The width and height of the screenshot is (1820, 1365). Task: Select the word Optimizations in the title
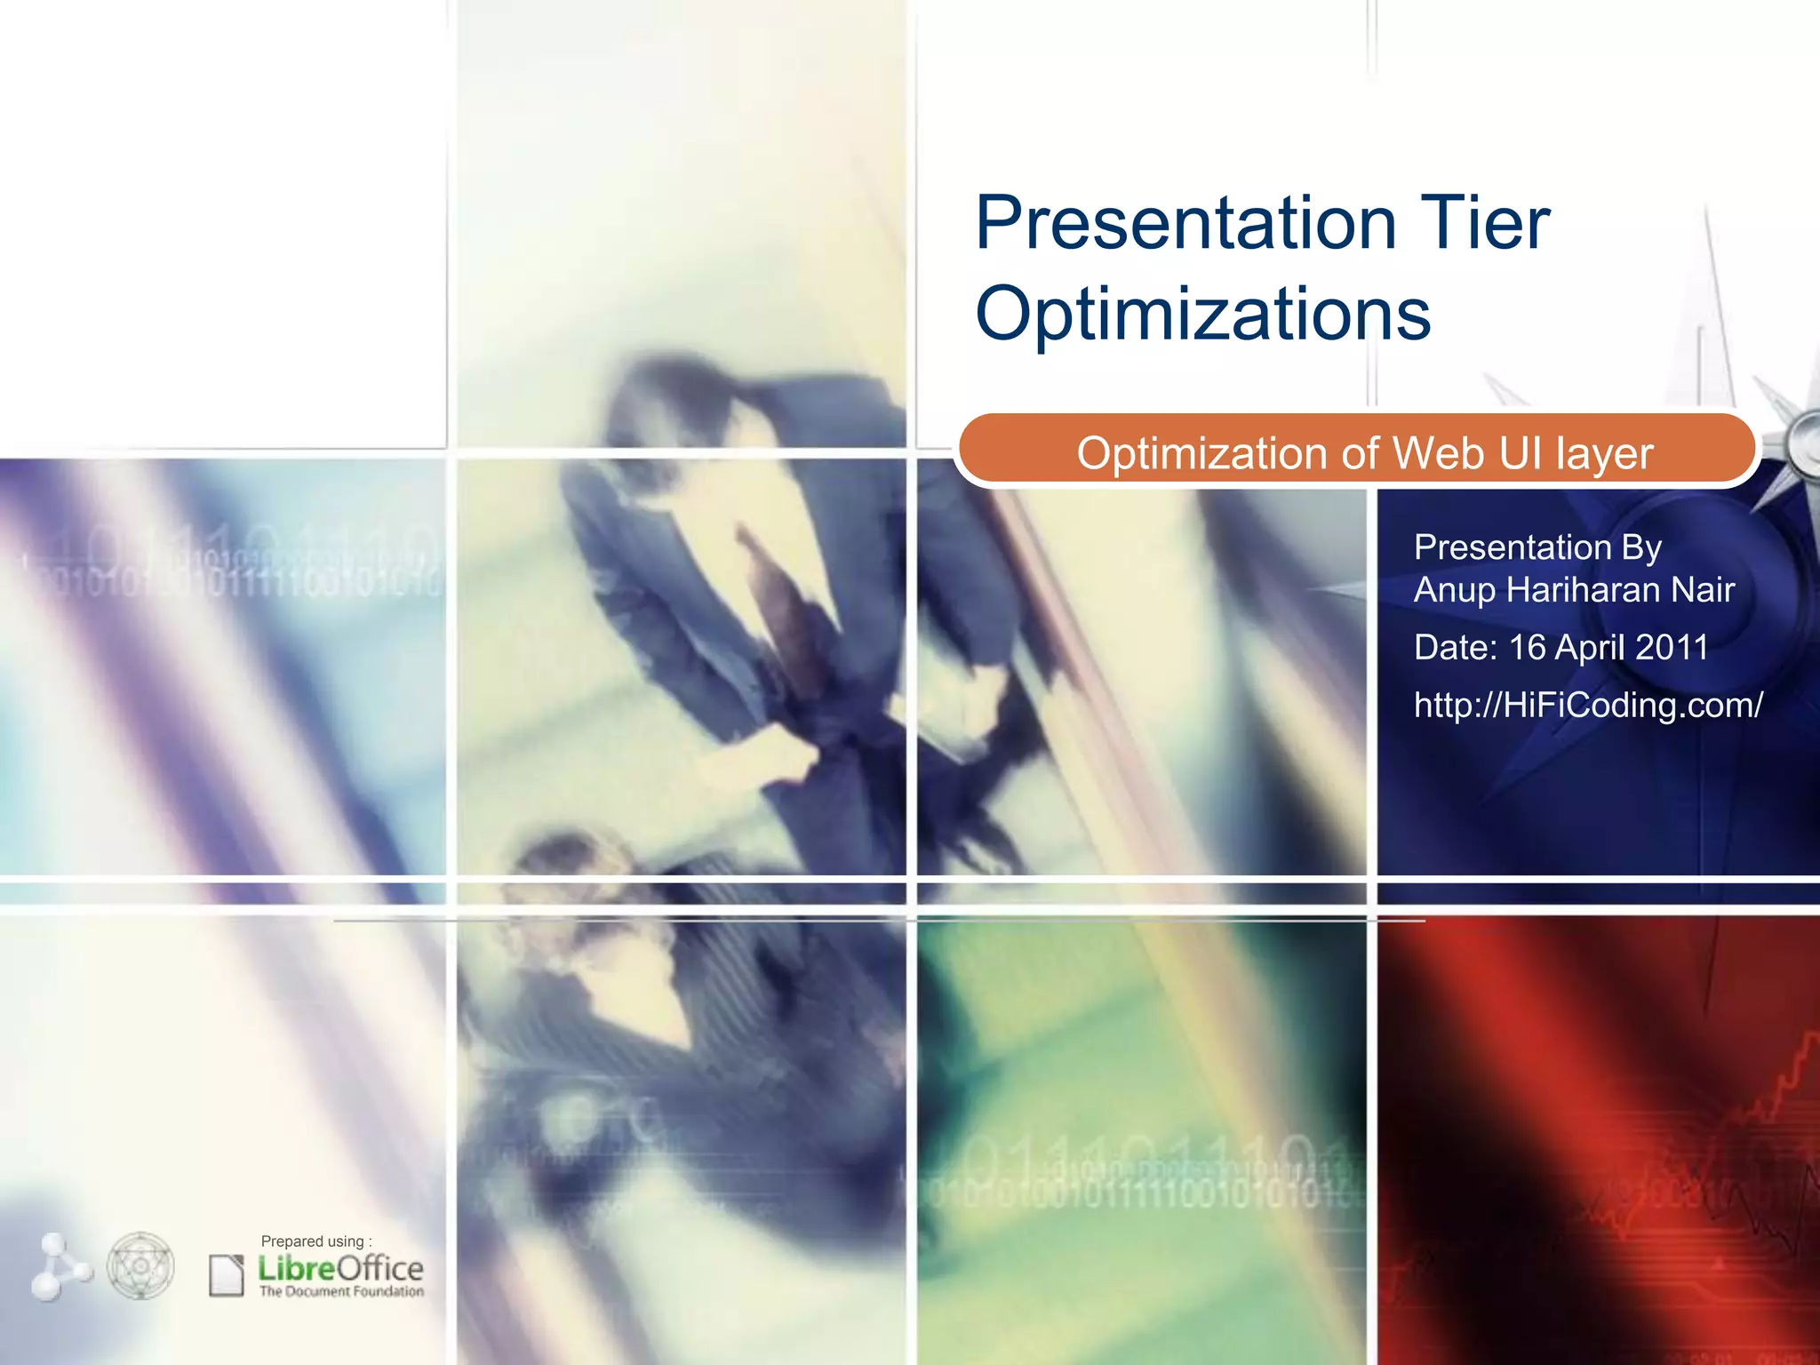point(1202,315)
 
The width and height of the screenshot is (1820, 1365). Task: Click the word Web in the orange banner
point(1438,453)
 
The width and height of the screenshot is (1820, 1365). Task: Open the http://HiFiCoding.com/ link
point(1587,705)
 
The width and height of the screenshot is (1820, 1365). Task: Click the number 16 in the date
point(1527,647)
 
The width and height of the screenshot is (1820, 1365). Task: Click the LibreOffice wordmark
point(340,1268)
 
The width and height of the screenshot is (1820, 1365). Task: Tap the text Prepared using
point(315,1241)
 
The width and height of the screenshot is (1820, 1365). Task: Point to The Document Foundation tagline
point(341,1291)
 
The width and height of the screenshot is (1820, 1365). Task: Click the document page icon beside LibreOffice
point(226,1275)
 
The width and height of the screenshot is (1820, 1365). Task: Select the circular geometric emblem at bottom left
point(140,1265)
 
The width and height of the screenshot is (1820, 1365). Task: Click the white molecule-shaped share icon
point(59,1266)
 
